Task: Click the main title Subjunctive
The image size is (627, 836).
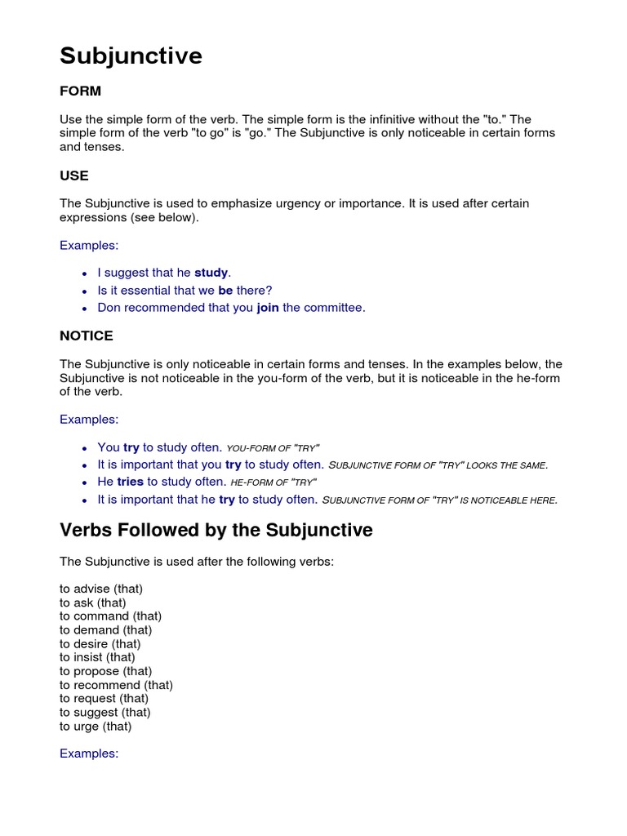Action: point(131,56)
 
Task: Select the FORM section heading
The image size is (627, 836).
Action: point(80,91)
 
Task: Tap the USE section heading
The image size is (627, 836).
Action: point(74,176)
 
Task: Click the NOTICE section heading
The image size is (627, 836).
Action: point(87,336)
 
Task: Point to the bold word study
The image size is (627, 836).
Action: point(211,273)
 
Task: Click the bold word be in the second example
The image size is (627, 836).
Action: point(225,290)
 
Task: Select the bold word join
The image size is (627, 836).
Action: point(268,308)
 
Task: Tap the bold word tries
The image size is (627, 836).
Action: point(131,482)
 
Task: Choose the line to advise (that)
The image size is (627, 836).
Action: point(101,589)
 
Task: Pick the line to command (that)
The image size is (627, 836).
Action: point(111,616)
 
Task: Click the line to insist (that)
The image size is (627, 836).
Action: point(97,657)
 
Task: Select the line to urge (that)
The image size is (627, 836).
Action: point(96,726)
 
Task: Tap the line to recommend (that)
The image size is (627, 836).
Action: point(116,685)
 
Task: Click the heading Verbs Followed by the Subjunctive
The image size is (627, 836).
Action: point(216,530)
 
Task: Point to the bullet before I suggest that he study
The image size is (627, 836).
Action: point(85,273)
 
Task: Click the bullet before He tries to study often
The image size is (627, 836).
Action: point(85,482)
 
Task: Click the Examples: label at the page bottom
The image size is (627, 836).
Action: point(89,754)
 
